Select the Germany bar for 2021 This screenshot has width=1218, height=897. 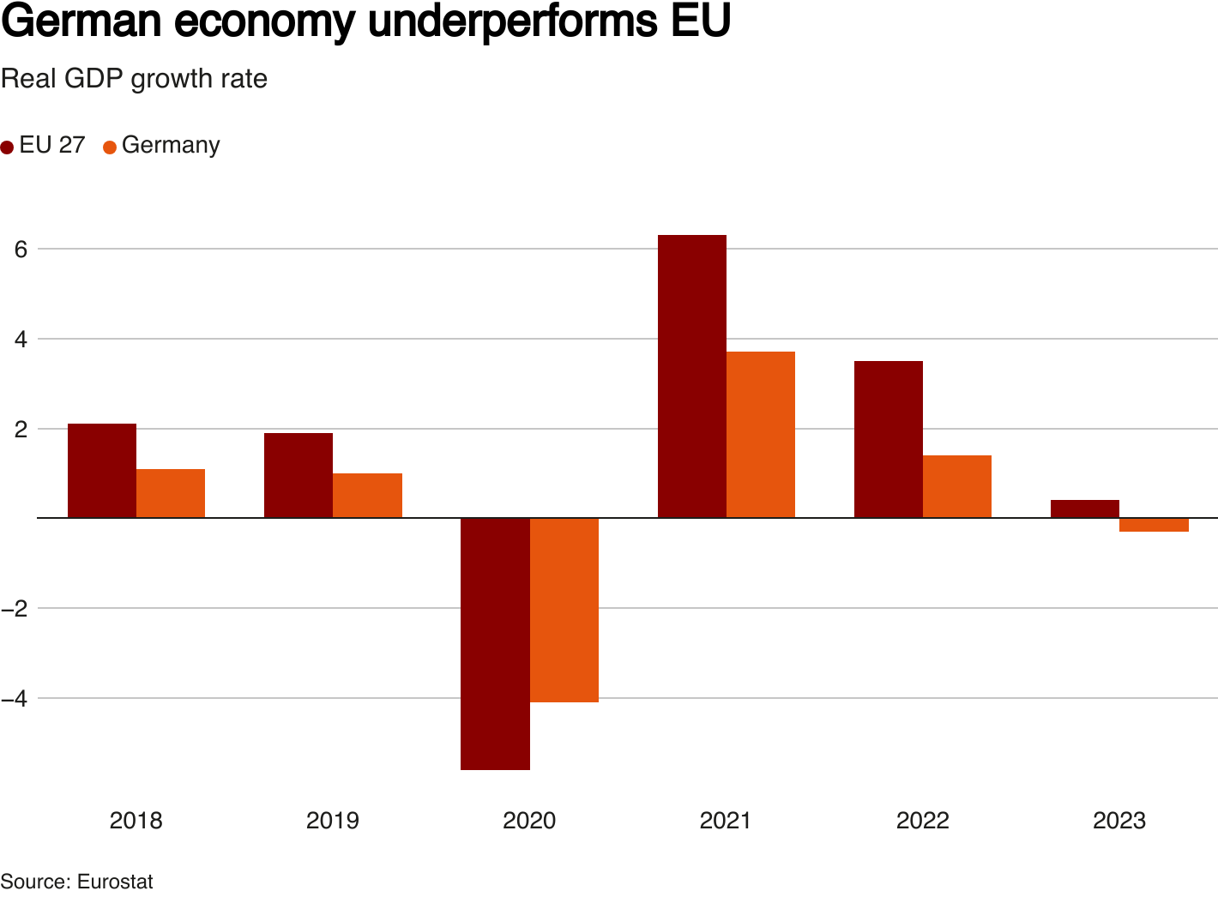760,434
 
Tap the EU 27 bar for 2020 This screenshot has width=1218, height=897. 495,643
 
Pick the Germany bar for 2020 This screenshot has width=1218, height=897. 564,610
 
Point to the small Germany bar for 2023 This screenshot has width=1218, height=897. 1154,525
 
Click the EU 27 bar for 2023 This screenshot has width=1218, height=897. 1084,509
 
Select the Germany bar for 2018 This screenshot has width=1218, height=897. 171,493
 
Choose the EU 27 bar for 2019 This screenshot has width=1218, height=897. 298,475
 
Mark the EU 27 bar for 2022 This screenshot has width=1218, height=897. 888,439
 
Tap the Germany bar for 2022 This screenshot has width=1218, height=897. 956,486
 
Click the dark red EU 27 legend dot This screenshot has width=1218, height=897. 8,147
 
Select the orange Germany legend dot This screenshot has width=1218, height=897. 110,147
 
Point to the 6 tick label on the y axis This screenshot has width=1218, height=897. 21,249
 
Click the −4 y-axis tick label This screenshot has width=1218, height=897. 15,698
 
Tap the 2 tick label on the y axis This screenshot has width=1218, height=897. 21,428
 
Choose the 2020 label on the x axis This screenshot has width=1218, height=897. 529,821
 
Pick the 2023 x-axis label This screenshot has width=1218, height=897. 1119,821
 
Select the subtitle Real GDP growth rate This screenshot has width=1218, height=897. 134,79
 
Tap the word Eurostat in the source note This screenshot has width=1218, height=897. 115,882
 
